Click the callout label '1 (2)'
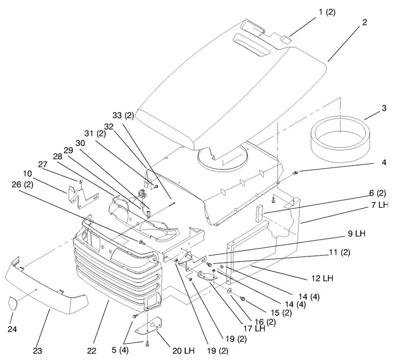pyautogui.click(x=327, y=12)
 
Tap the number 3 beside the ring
pyautogui.click(x=384, y=108)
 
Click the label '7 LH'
pyautogui.click(x=380, y=205)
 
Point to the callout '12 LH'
pyautogui.click(x=322, y=278)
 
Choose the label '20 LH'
pyautogui.click(x=183, y=351)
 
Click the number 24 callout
pyautogui.click(x=12, y=329)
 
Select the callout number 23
pyautogui.click(x=37, y=351)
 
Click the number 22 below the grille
pyautogui.click(x=92, y=351)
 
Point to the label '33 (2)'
pyautogui.click(x=123, y=115)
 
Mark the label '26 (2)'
pyautogui.click(x=22, y=185)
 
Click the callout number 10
pyautogui.click(x=28, y=173)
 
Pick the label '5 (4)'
pyautogui.click(x=120, y=350)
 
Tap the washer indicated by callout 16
pyautogui.click(x=229, y=291)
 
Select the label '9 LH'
pyautogui.click(x=357, y=233)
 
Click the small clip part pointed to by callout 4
pyautogui.click(x=296, y=172)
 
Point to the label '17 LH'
pyautogui.click(x=254, y=328)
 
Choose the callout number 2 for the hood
pyautogui.click(x=365, y=22)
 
